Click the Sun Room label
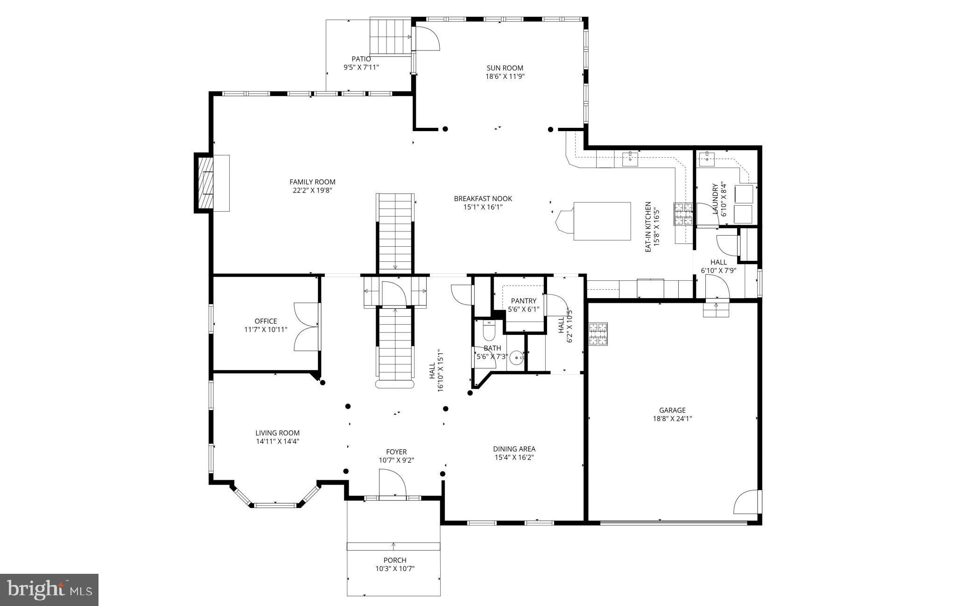click(505, 68)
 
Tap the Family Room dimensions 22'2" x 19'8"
click(312, 190)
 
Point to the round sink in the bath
click(516, 358)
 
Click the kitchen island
click(601, 221)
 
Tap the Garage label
click(672, 410)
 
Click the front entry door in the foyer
click(392, 485)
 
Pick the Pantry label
click(523, 301)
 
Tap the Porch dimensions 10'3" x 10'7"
click(395, 569)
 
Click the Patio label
click(361, 59)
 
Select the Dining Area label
click(514, 449)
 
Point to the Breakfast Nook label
click(483, 199)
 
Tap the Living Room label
click(277, 433)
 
